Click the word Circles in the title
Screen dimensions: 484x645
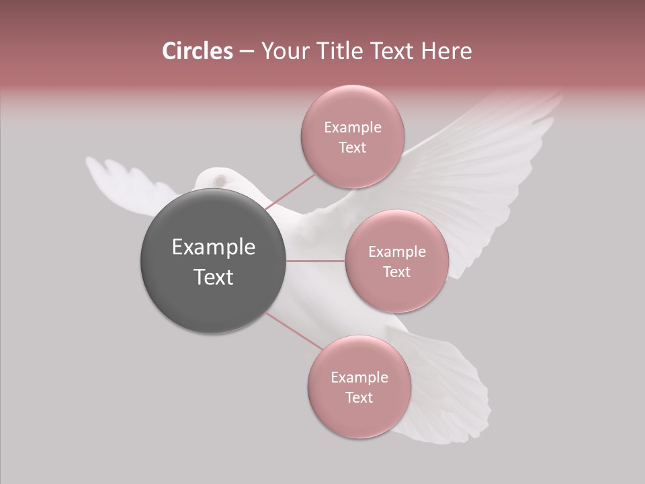click(x=198, y=51)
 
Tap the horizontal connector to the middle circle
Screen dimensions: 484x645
click(x=316, y=261)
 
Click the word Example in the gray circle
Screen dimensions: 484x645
click(x=213, y=247)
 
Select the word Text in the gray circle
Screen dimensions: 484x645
click(x=213, y=277)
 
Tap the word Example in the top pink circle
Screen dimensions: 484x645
click(x=352, y=128)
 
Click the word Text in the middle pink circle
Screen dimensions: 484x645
click(x=396, y=272)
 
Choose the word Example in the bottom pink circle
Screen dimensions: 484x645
click(x=359, y=378)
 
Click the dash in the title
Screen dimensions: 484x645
click(x=246, y=52)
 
